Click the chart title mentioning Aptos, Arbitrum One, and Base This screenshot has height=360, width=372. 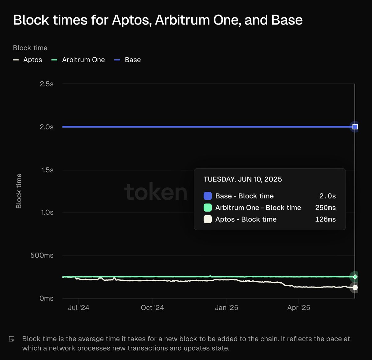point(158,20)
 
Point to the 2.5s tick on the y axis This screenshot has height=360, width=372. point(46,84)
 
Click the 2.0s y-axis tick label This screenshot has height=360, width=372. point(46,127)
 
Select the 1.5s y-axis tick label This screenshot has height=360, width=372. point(47,170)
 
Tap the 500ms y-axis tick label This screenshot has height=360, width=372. point(42,256)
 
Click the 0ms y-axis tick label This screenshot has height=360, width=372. point(46,298)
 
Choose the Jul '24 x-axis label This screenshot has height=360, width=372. point(78,308)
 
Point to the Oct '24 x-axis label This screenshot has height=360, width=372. point(152,308)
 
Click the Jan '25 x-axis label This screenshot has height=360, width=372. point(226,308)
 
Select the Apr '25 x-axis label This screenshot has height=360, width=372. point(299,308)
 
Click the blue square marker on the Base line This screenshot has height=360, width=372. point(355,127)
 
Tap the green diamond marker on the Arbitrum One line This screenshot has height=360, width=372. point(355,277)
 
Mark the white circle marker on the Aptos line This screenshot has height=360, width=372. point(355,288)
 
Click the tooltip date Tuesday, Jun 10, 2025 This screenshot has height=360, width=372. point(243,179)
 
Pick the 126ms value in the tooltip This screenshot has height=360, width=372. point(325,219)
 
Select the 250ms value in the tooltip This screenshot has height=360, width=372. point(325,208)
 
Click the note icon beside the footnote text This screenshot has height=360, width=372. point(12,339)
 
